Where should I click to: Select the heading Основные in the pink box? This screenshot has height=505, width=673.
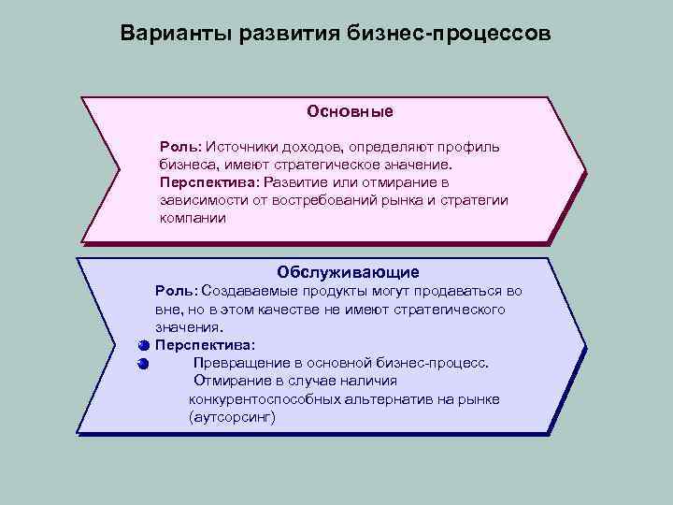pyautogui.click(x=350, y=111)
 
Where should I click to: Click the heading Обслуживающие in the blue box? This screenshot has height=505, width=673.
pyautogui.click(x=348, y=272)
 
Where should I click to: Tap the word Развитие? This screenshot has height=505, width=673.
pyautogui.click(x=300, y=182)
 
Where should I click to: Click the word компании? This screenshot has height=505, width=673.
pyautogui.click(x=192, y=218)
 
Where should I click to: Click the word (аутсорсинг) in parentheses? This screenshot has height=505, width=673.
pyautogui.click(x=232, y=417)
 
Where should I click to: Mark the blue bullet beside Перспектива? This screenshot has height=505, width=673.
pyautogui.click(x=142, y=345)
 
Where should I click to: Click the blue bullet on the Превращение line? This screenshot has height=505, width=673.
pyautogui.click(x=142, y=363)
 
